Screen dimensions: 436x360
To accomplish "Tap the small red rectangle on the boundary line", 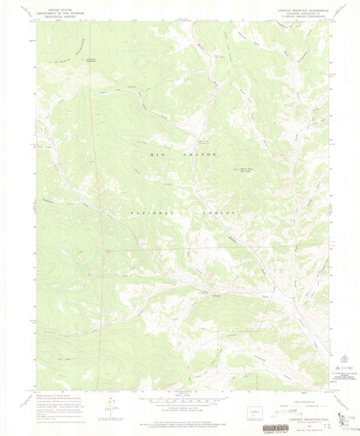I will [x=107, y=252].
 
